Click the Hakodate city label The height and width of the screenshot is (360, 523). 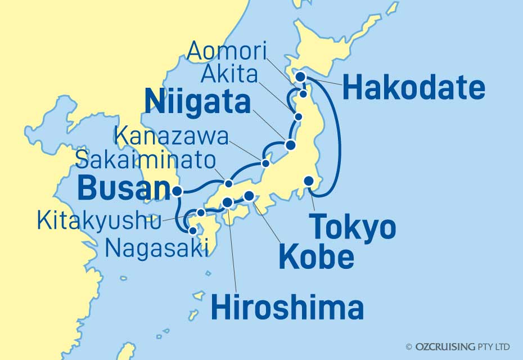click(x=413, y=88)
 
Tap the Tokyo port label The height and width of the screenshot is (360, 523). click(x=353, y=228)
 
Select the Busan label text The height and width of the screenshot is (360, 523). click(x=123, y=189)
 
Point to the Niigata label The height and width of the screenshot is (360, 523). click(x=197, y=102)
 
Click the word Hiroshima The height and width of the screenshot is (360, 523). click(x=287, y=308)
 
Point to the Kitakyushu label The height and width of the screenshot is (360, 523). click(x=99, y=221)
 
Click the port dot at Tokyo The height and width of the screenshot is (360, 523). click(x=309, y=181)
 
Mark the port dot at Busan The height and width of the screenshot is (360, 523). click(x=178, y=191)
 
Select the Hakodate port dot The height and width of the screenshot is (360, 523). click(x=300, y=76)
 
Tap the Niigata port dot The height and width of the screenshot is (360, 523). click(x=290, y=145)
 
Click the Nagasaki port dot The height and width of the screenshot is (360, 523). click(x=192, y=231)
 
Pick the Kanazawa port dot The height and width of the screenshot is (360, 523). click(x=266, y=163)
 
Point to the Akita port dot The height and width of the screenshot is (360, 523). click(x=298, y=117)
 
